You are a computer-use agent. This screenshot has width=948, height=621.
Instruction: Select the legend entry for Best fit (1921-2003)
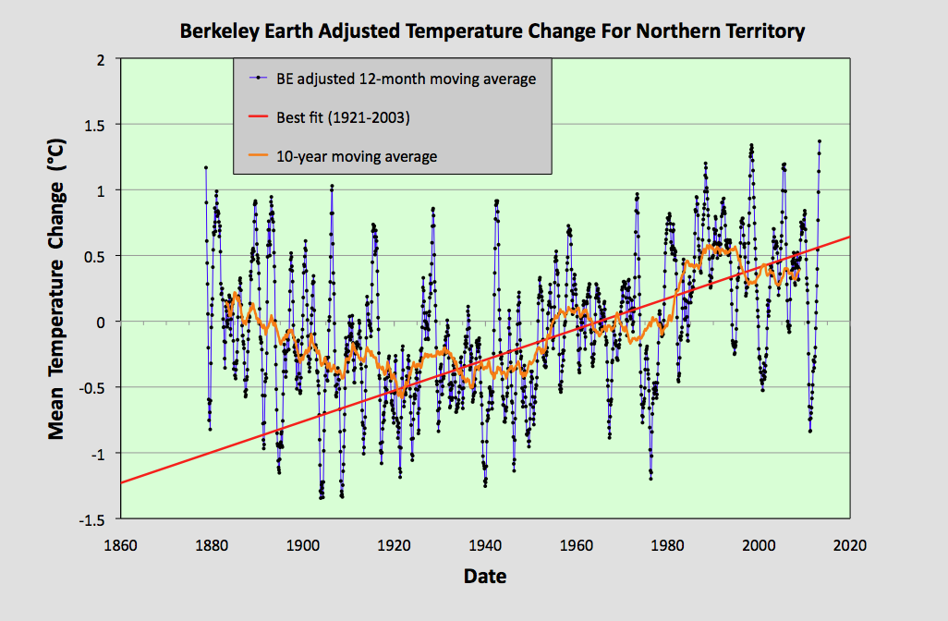(342, 117)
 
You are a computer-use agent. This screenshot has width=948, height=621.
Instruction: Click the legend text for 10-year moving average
(356, 156)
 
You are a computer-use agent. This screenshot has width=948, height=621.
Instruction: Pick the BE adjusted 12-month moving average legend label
(406, 79)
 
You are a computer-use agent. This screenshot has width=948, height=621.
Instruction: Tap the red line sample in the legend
(256, 117)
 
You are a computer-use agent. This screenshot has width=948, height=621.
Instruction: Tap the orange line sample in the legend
(256, 156)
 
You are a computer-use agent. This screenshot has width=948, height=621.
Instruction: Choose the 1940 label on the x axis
(485, 544)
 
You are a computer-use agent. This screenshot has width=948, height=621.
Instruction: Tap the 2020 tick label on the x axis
(849, 544)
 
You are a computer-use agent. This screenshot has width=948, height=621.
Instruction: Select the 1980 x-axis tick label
(667, 544)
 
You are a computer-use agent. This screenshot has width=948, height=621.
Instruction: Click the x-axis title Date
(484, 577)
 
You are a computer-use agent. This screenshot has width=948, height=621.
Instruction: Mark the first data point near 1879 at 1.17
(206, 167)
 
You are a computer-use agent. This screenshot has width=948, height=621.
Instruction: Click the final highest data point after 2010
(819, 141)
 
